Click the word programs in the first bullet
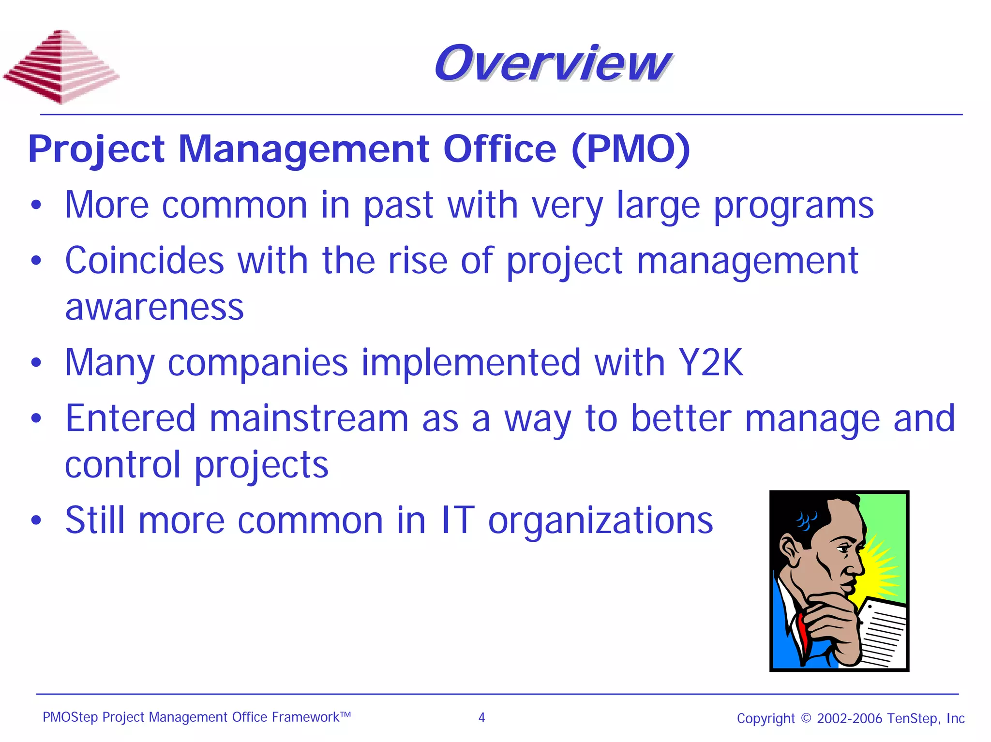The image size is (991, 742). click(794, 206)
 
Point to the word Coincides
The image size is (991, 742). click(144, 261)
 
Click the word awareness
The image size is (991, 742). click(154, 307)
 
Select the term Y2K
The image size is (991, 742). click(710, 362)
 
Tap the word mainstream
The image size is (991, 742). click(309, 418)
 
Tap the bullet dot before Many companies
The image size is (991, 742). click(36, 363)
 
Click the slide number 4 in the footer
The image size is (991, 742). click(481, 717)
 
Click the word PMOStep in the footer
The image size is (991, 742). click(70, 717)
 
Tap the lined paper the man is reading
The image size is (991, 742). click(881, 634)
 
